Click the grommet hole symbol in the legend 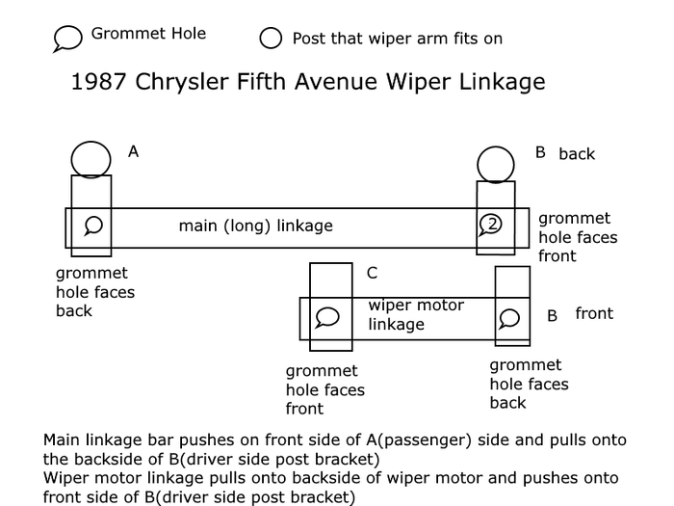67,39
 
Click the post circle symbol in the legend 272,39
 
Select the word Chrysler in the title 173,82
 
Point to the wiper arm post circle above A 91,158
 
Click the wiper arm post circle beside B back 496,164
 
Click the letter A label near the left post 134,151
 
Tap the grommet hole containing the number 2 491,225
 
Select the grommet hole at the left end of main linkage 93,226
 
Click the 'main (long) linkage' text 255,226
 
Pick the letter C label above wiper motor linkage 372,274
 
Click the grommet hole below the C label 328,317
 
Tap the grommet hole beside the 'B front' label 510,317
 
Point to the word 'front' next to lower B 594,314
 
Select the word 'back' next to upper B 577,154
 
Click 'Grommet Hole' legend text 148,35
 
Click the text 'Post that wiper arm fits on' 397,39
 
